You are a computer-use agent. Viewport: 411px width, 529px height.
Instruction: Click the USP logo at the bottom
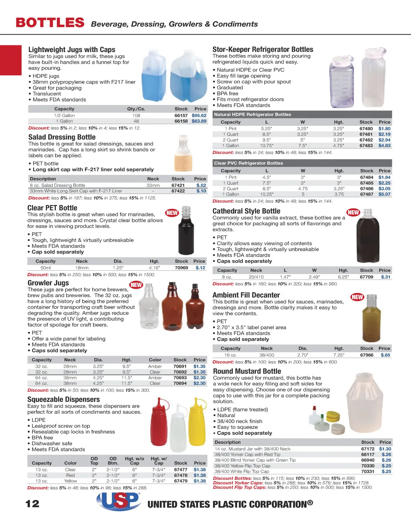pos(118,501)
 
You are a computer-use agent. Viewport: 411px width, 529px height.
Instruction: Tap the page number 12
pos(33,504)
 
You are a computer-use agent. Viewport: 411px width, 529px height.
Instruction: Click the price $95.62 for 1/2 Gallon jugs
pos(199,116)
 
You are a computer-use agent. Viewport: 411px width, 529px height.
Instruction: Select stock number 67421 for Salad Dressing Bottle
pos(178,185)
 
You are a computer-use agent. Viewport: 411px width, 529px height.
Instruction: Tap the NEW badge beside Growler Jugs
pos(136,285)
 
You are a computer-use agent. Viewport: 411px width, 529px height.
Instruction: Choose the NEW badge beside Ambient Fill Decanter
pos(357,297)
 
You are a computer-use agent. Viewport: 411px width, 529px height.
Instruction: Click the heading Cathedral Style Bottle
pos(246,211)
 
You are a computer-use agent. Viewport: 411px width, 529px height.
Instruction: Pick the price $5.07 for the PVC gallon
pos(384,194)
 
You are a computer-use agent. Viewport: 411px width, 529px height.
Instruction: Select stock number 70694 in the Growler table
pos(180,383)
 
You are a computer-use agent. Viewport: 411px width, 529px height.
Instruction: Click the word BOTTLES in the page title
pos(50,23)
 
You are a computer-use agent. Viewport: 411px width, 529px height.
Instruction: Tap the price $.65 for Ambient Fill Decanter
pos(385,355)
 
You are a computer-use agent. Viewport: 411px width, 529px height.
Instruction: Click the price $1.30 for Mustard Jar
pos(385,449)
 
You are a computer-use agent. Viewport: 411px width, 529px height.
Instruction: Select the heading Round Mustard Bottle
pos(247,371)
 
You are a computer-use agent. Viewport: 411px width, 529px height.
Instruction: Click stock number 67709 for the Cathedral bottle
pos(366,277)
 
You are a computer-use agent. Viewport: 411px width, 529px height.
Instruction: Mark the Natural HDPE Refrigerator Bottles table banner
pos(252,115)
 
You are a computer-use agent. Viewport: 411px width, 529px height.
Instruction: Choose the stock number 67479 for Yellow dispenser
pos(180,481)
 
